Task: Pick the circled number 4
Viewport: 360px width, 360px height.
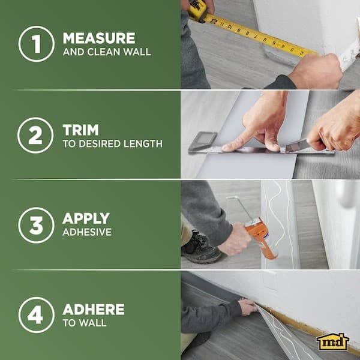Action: click(36, 315)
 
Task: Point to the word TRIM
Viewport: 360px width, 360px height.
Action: click(80, 129)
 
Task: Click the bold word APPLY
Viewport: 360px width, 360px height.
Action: click(86, 218)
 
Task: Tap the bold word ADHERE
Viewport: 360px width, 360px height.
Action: click(94, 310)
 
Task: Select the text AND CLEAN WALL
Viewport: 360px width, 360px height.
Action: click(106, 52)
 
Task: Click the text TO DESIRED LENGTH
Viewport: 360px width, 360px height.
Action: click(112, 143)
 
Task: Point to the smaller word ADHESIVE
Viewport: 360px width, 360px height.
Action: click(87, 232)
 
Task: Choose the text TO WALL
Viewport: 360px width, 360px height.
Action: click(85, 323)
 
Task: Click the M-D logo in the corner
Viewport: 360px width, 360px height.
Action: click(333, 341)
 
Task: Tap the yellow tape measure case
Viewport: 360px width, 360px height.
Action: click(197, 8)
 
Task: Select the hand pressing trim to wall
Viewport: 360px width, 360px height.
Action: click(248, 306)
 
